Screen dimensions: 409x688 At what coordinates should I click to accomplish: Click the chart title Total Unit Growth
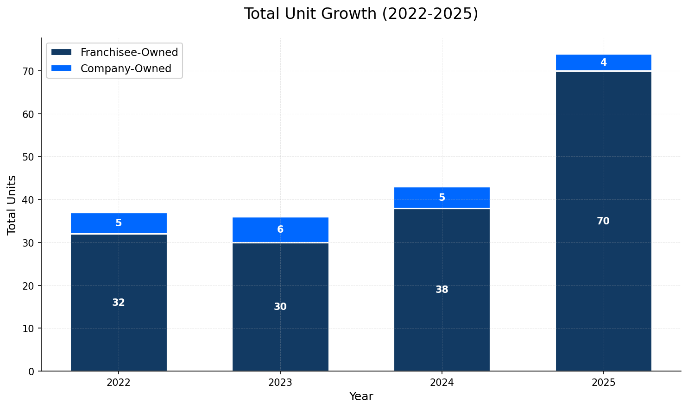click(x=361, y=14)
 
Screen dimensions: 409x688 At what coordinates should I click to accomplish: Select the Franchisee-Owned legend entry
click(x=129, y=52)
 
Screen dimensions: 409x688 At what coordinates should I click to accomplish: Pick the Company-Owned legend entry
click(x=126, y=68)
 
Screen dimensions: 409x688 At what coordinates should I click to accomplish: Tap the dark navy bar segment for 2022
click(x=119, y=324)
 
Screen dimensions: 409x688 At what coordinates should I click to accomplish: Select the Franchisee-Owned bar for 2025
click(x=603, y=278)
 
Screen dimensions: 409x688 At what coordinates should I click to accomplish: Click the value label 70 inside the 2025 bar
click(x=603, y=221)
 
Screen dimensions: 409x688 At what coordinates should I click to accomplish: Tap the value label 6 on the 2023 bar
click(x=280, y=229)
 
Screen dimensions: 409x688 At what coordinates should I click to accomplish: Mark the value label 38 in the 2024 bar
click(x=442, y=290)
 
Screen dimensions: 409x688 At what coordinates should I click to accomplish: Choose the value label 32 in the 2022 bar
click(x=119, y=303)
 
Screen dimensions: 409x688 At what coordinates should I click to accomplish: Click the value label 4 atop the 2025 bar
click(x=603, y=62)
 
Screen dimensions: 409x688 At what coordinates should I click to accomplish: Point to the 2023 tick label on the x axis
click(x=280, y=383)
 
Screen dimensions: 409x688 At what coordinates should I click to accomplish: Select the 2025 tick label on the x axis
click(x=603, y=383)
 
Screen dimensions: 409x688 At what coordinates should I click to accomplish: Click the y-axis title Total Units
click(x=12, y=204)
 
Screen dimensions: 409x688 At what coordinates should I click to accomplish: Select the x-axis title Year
click(x=361, y=397)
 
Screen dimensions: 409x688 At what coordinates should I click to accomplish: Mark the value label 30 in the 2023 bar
click(x=280, y=307)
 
